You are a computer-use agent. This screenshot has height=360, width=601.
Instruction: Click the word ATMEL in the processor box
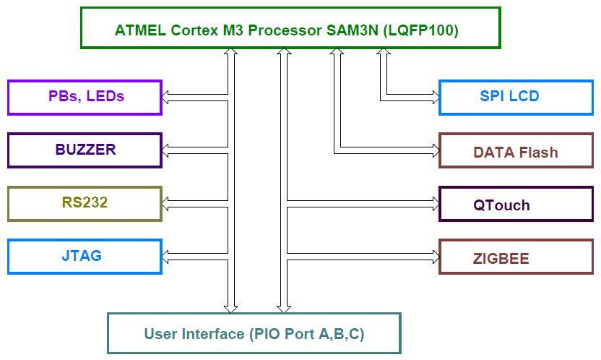[x=140, y=30]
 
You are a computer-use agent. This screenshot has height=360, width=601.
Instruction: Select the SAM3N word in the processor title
[x=353, y=30]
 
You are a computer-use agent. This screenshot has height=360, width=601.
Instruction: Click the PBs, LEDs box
[x=85, y=98]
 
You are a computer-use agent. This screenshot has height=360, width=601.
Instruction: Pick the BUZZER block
[x=85, y=150]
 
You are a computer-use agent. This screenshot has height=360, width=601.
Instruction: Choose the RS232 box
[x=85, y=204]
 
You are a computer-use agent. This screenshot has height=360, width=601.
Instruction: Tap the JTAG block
[x=85, y=257]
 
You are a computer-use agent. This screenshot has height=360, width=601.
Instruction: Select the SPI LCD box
[x=516, y=98]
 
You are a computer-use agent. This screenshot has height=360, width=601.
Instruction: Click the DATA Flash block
[x=516, y=150]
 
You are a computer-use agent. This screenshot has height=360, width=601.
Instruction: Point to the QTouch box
[x=516, y=204]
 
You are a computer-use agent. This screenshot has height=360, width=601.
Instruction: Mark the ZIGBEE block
[x=516, y=257]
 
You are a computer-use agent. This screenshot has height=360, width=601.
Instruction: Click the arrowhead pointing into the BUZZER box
[x=165, y=150]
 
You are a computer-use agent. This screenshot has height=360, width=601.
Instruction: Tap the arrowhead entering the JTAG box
[x=165, y=257]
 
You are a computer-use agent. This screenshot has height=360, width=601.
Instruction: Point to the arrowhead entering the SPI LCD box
[x=436, y=98]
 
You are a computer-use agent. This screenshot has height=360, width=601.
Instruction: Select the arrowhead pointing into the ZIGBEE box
[x=436, y=257]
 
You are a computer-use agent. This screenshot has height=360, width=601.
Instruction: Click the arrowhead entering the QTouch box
[x=436, y=204]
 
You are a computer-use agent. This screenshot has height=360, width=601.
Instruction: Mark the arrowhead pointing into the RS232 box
[x=165, y=204]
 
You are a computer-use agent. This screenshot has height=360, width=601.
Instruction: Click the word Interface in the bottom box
[x=213, y=333]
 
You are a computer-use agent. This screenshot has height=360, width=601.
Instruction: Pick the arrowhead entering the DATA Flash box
[x=436, y=150]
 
